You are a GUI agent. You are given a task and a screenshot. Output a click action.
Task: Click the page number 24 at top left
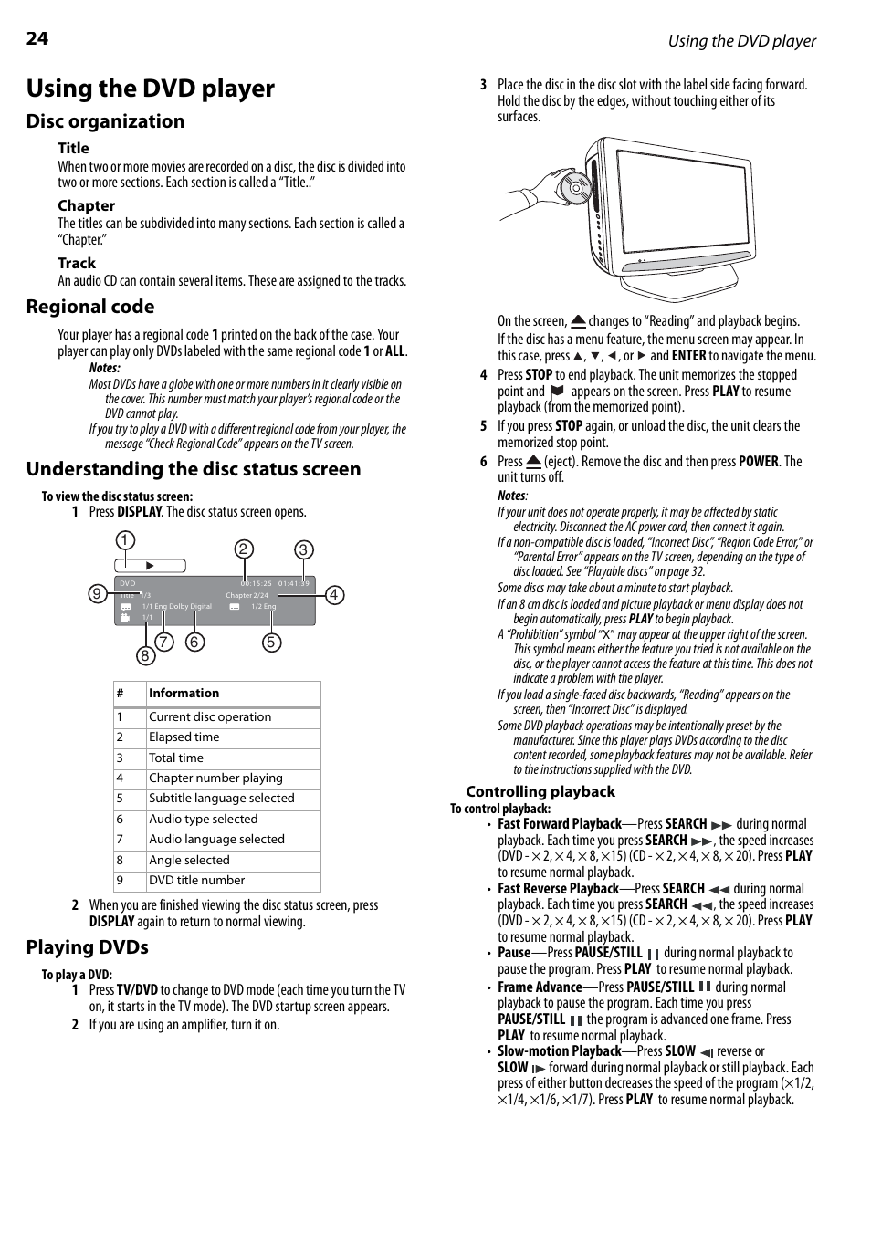(x=37, y=38)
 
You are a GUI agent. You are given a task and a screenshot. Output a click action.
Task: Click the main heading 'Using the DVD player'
(x=151, y=89)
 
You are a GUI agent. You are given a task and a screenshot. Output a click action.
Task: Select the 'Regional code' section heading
(x=90, y=307)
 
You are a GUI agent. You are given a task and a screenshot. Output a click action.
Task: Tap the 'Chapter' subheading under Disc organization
(x=87, y=205)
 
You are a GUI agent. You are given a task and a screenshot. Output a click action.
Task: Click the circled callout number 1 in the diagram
(x=125, y=540)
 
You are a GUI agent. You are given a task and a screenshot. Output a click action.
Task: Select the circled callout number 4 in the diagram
(x=334, y=595)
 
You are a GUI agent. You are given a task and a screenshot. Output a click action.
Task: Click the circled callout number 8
(x=144, y=655)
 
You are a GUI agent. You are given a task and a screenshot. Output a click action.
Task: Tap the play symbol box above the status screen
(x=151, y=566)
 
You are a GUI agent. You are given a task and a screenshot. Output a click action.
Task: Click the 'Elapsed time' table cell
(x=184, y=737)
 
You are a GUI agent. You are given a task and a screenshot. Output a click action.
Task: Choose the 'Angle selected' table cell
(x=189, y=860)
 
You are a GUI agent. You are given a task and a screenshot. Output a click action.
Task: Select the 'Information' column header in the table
(x=184, y=694)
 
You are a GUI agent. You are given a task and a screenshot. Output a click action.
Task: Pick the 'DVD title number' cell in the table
(x=196, y=881)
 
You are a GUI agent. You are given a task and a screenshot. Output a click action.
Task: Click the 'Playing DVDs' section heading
(x=88, y=947)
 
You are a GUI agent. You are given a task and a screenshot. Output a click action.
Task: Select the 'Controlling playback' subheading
(x=540, y=792)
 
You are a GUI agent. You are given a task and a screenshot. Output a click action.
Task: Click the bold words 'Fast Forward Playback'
(x=559, y=824)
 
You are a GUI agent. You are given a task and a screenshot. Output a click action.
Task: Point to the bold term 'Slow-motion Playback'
(x=559, y=1051)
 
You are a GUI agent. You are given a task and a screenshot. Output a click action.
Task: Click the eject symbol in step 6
(x=534, y=462)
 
